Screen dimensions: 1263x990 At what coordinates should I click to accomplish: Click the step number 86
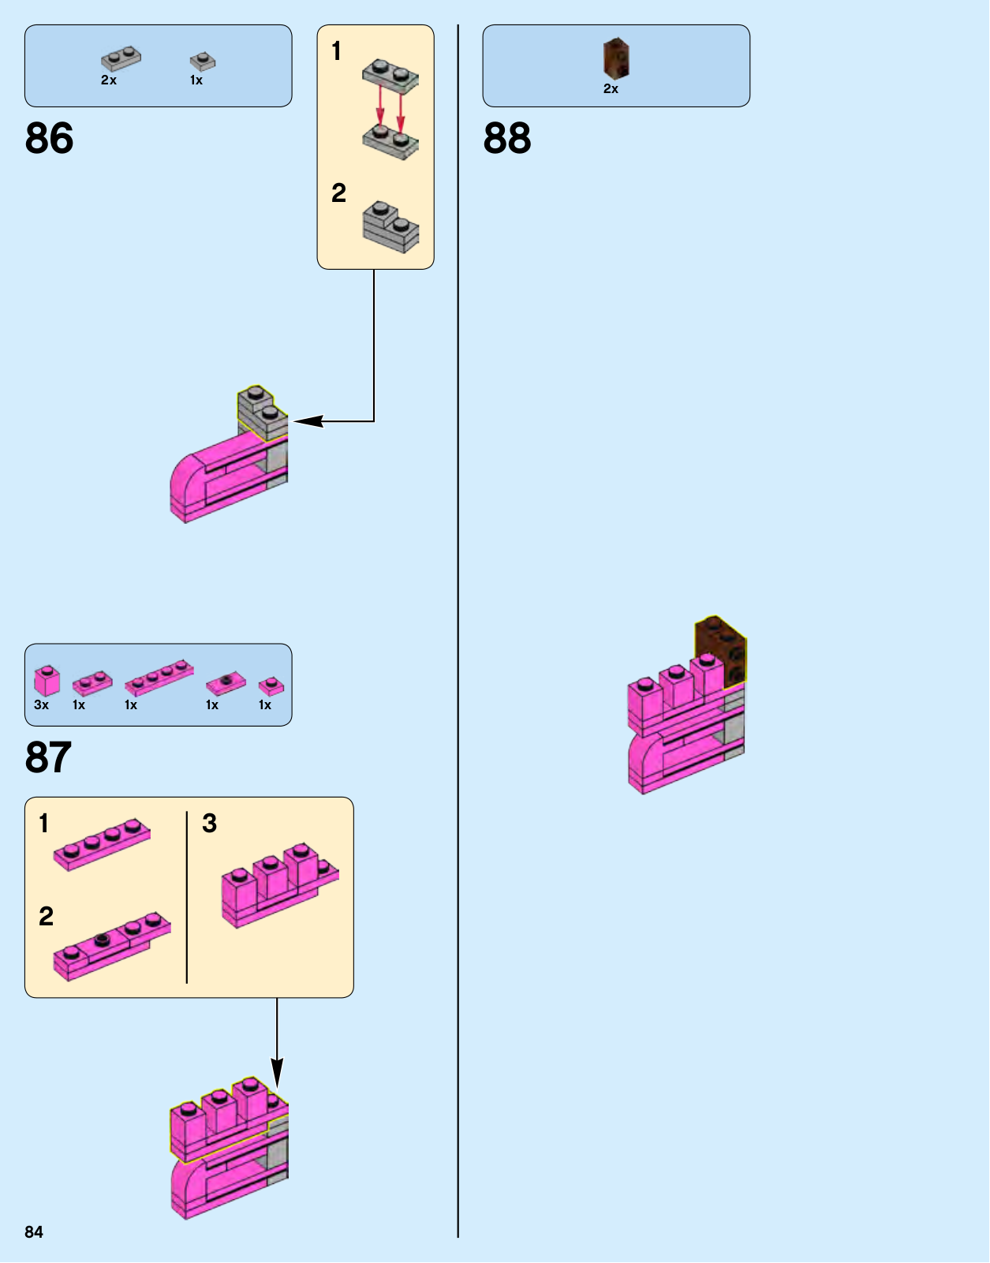49,139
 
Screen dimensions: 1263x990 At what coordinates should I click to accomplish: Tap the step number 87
48,757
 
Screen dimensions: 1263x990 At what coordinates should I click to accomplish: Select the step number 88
507,139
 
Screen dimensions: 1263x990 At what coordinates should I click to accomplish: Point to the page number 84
34,1232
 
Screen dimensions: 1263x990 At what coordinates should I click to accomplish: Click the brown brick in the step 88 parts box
616,58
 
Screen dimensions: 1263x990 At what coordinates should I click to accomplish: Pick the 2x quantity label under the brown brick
611,89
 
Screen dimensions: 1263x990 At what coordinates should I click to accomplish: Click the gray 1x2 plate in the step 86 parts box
121,59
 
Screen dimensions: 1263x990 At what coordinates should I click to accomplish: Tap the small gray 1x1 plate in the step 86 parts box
203,62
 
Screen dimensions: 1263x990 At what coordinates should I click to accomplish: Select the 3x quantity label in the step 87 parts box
41,705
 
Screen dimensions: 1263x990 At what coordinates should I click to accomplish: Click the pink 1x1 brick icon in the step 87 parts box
47,679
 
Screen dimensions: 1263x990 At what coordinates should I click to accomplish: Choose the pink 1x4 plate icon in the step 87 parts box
159,676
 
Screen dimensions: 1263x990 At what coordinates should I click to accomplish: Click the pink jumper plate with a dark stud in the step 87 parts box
226,682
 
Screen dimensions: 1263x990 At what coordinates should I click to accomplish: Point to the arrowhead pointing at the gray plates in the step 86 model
308,421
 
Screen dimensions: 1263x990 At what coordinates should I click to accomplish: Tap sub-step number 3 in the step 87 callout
209,824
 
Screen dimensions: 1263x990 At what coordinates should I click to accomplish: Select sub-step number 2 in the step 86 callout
338,193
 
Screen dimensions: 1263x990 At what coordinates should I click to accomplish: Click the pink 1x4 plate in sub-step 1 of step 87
102,843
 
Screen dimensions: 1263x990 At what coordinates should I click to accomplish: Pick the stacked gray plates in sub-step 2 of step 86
390,226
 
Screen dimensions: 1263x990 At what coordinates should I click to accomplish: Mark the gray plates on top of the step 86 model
262,413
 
